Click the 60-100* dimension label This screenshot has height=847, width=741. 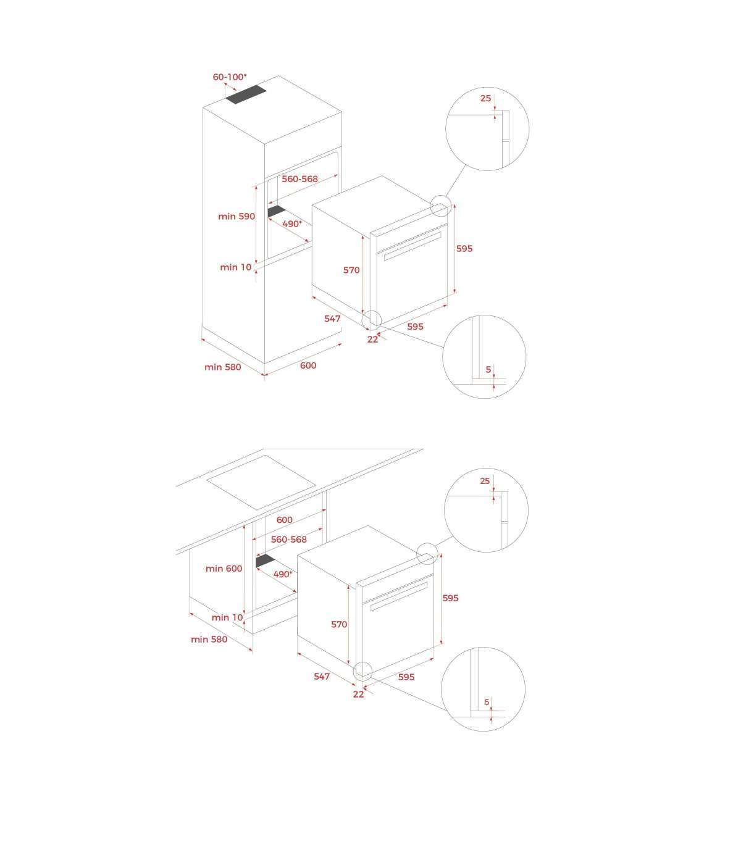[229, 77]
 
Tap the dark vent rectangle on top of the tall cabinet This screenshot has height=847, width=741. [246, 95]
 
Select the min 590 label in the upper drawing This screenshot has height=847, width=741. [237, 216]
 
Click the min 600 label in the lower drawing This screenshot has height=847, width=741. [224, 569]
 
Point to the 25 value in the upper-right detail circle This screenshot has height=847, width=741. [485, 98]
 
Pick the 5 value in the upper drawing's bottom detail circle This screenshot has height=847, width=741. [488, 369]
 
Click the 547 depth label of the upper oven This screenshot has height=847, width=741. [332, 319]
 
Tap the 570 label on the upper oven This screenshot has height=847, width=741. [351, 270]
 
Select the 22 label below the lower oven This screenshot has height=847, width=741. [359, 695]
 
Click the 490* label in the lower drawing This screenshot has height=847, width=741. [282, 574]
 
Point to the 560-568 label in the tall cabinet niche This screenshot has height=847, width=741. [299, 179]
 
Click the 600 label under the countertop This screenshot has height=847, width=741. [285, 520]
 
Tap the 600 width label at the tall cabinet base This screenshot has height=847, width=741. [308, 365]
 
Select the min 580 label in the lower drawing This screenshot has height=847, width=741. [209, 639]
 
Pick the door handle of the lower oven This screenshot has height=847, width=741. [399, 596]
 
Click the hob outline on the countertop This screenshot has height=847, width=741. [261, 482]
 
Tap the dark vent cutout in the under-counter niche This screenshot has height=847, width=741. [266, 561]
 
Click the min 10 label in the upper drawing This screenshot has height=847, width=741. [235, 267]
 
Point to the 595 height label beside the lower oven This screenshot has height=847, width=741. [450, 598]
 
